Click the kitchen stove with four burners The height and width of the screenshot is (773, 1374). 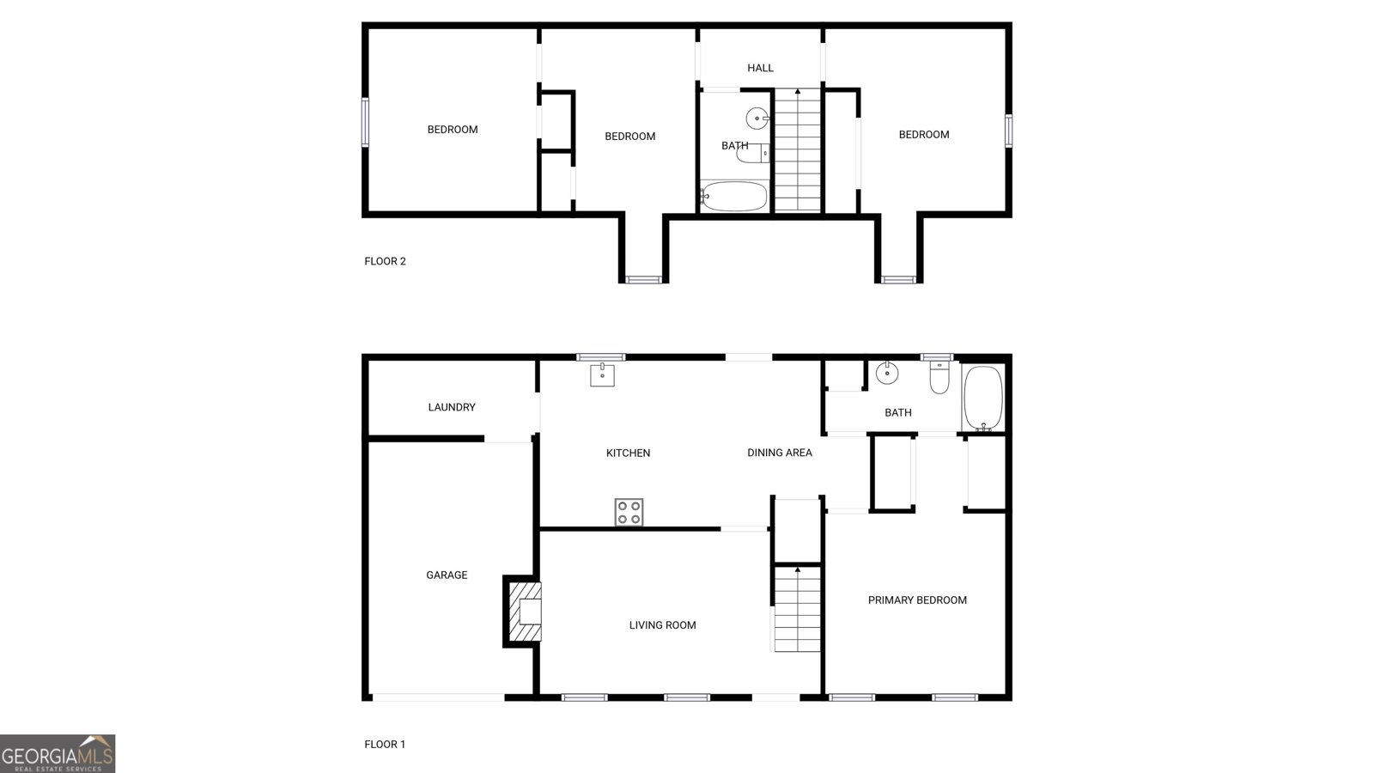(629, 512)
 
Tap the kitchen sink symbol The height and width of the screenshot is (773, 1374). (602, 374)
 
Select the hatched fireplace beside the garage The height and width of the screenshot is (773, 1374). (524, 611)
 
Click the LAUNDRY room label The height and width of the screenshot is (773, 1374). (452, 407)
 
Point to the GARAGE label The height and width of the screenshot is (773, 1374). (447, 575)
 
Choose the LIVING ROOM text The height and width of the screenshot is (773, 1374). (662, 625)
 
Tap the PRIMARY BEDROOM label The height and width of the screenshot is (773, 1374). (917, 600)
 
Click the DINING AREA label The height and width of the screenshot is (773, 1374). (779, 453)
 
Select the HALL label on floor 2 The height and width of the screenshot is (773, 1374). (760, 68)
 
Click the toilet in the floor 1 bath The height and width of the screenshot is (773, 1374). (939, 378)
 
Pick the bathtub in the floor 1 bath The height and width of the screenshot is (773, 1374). (983, 398)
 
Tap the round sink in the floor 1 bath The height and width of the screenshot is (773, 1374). (886, 374)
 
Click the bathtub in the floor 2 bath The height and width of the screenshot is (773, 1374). (733, 196)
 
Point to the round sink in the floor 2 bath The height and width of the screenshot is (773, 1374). (757, 118)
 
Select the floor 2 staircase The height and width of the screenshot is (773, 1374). (798, 150)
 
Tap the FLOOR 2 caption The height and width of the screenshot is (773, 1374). (385, 261)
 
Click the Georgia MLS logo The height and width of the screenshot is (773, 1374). (58, 753)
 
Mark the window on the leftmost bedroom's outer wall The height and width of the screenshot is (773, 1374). (365, 122)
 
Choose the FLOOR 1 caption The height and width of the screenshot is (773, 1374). (385, 744)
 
